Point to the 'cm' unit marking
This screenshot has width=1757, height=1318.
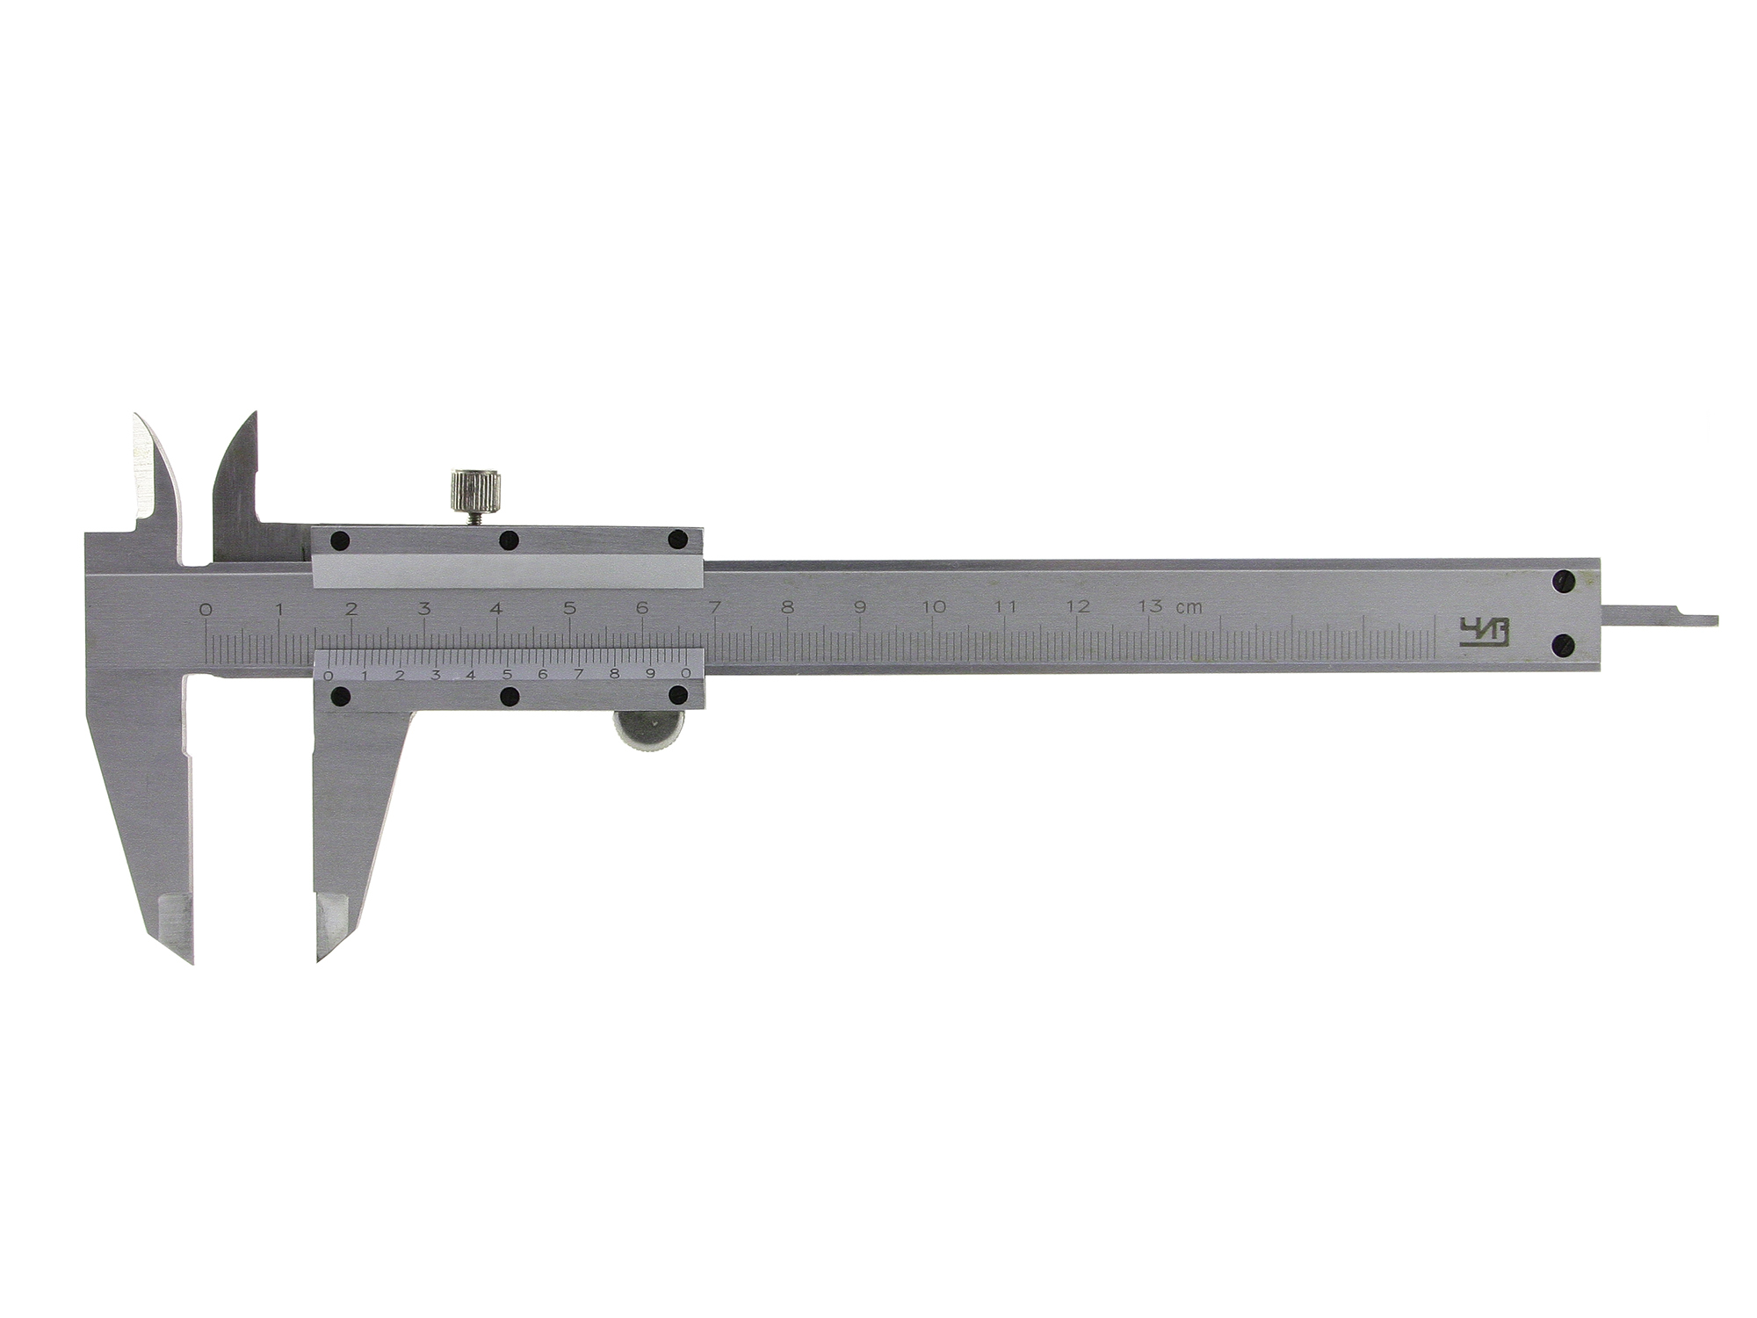[x=1190, y=607]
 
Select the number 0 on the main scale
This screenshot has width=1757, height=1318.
[x=206, y=608]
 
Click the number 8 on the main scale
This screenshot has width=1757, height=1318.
[x=787, y=607]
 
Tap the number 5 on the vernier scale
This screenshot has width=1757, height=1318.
[x=508, y=674]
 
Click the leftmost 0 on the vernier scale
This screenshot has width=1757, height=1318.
[x=328, y=675]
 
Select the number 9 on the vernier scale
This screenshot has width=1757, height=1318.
[x=651, y=674]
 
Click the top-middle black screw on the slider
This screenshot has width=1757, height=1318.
[x=507, y=540]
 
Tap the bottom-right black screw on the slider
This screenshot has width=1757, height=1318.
[x=677, y=696]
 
